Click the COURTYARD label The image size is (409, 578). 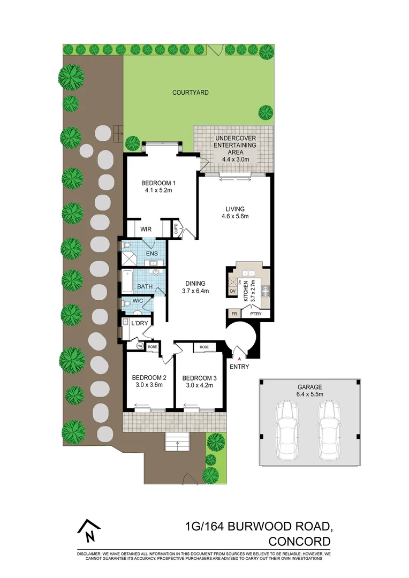pyautogui.click(x=190, y=93)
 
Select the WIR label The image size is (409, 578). pyautogui.click(x=146, y=229)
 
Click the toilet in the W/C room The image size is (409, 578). pyautogui.click(x=125, y=304)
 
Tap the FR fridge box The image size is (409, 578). pyautogui.click(x=234, y=314)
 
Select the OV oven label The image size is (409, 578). pyautogui.click(x=233, y=291)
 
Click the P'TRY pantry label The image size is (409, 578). pyautogui.click(x=256, y=314)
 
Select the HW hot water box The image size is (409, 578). pyautogui.click(x=140, y=346)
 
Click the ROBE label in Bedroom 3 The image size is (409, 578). pyautogui.click(x=204, y=347)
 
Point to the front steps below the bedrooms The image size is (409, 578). pyautogui.click(x=177, y=442)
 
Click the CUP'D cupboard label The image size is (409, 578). pyautogui.click(x=175, y=229)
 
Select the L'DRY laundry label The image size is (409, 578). pyautogui.click(x=140, y=323)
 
